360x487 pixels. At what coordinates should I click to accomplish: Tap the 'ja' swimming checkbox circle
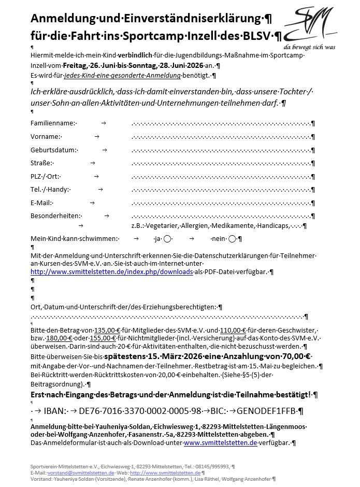coord(167,239)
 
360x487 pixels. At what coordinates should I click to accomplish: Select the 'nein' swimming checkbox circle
coord(232,239)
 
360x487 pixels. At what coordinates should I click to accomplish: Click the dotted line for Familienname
coord(223,123)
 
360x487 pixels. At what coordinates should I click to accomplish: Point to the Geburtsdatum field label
coord(53,150)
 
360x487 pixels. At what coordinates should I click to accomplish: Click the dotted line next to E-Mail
coord(223,203)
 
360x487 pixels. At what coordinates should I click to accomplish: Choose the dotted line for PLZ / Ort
coord(223,176)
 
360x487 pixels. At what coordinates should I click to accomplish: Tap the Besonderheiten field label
coord(56,216)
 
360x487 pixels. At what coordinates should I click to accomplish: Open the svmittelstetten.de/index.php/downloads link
coord(111,271)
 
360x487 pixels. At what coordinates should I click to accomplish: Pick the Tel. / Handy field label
coord(50,189)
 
